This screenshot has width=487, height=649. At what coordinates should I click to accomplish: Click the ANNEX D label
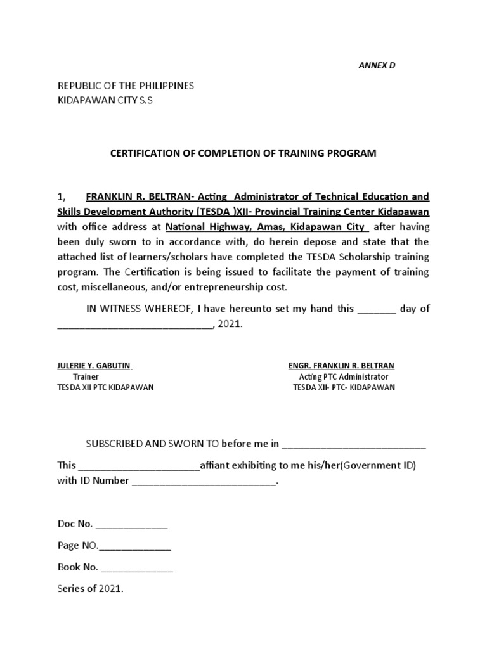(x=377, y=65)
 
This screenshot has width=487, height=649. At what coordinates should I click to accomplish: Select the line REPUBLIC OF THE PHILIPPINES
(x=126, y=86)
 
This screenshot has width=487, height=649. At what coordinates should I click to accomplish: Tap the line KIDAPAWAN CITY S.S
(x=106, y=101)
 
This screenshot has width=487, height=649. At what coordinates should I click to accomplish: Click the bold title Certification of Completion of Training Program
(x=243, y=153)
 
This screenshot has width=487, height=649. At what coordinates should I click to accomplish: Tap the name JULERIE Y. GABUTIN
(x=94, y=366)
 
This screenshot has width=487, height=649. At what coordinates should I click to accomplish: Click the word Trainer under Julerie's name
(x=86, y=376)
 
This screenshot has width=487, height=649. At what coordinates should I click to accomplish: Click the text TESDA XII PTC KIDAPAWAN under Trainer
(x=105, y=387)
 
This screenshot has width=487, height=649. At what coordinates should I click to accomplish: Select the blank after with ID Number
(x=204, y=481)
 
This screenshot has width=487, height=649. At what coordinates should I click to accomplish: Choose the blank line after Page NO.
(x=134, y=546)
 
